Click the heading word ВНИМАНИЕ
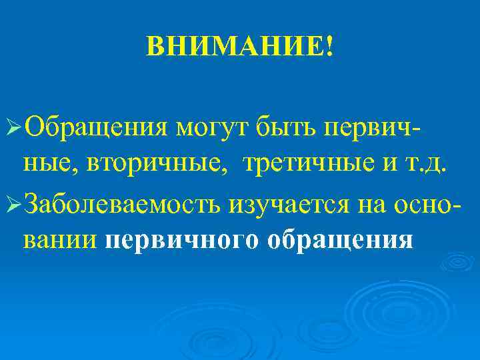[x=235, y=47]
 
